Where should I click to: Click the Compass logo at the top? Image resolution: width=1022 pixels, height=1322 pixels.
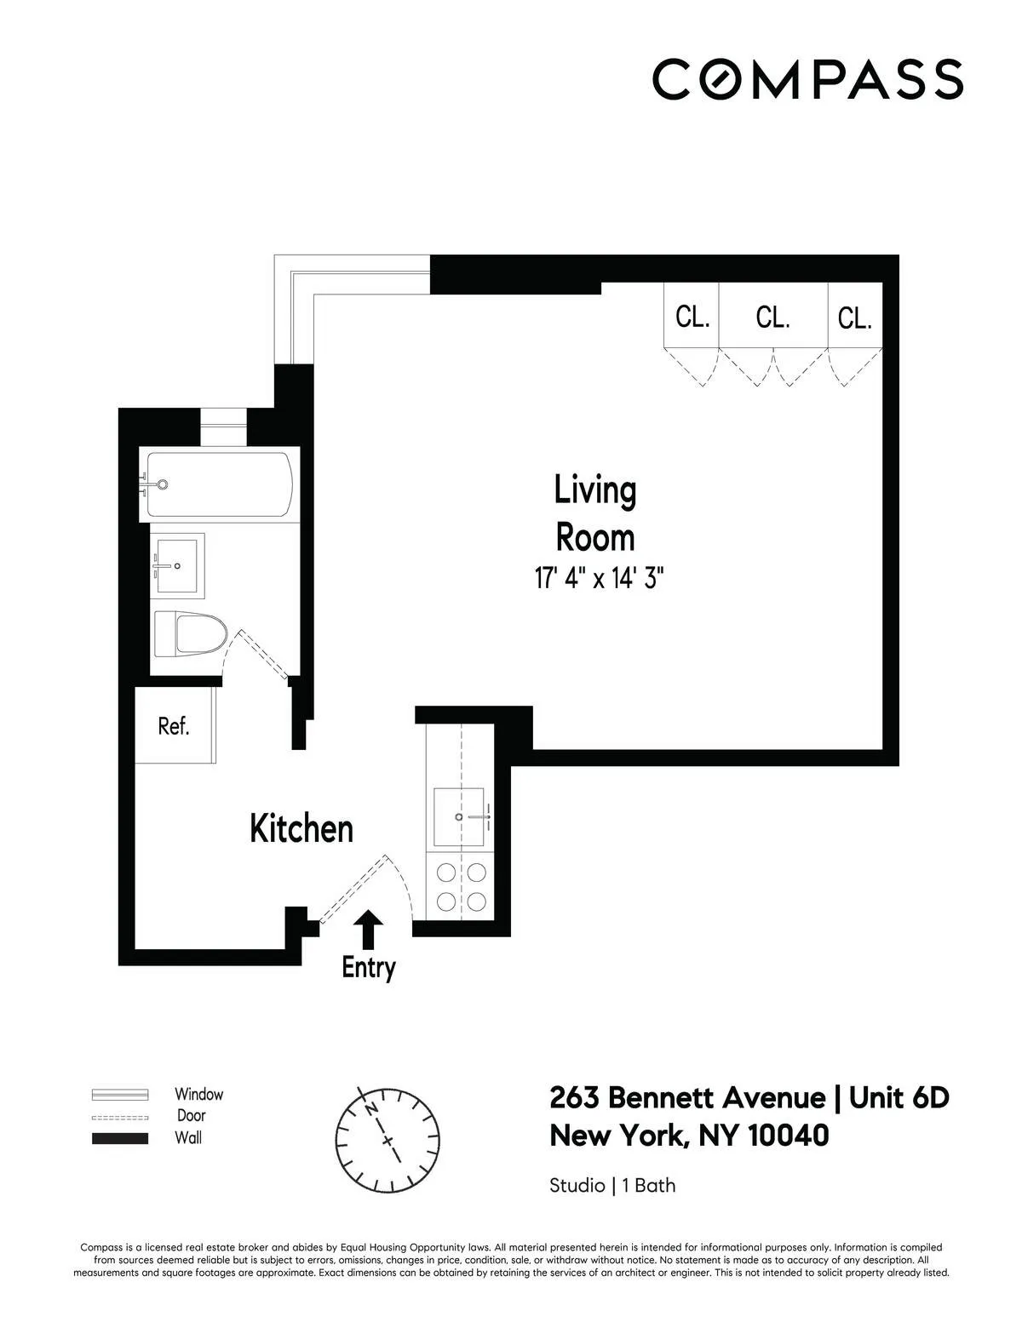coord(807,78)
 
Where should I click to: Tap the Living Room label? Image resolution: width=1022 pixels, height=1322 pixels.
coord(594,514)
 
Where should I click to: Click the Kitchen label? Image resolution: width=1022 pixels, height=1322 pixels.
coord(301,828)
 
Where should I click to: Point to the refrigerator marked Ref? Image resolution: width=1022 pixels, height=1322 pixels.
coord(174,726)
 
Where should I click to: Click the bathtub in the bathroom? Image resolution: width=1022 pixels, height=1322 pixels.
coord(220,484)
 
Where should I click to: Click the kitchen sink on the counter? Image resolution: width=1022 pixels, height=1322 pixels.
coord(460,817)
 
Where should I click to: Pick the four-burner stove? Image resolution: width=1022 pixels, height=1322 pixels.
coord(460,886)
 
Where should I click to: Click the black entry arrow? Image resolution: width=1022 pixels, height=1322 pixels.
coord(368,929)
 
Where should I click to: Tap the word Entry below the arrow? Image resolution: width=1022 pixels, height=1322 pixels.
coord(368,968)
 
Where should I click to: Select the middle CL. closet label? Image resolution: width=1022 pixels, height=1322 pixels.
coord(772,318)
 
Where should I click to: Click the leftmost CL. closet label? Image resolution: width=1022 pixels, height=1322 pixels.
coord(692,318)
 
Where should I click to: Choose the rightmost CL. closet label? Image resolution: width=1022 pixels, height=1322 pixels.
coord(854,318)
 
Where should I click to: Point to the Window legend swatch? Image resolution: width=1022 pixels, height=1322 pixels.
coord(120,1095)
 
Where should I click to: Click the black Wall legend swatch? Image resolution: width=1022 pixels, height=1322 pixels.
coord(120,1138)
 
